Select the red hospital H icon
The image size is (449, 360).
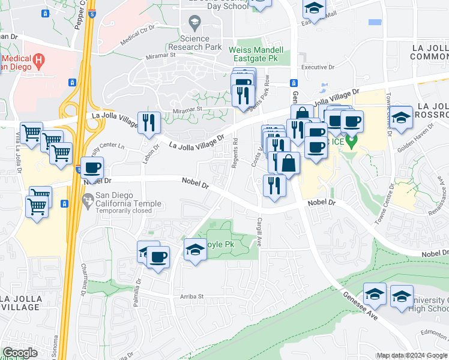pos(40,59)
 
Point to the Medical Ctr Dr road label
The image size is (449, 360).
pos(137,36)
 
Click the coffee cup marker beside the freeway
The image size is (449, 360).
pos(92,167)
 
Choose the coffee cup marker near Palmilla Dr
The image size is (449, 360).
pos(158,257)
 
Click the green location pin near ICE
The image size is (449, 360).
pos(354,143)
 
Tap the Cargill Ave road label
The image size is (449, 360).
pos(261,233)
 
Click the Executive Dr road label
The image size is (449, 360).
pos(316,67)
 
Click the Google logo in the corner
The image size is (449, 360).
pos(20,353)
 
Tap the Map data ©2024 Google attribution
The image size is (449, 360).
pos(411,356)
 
